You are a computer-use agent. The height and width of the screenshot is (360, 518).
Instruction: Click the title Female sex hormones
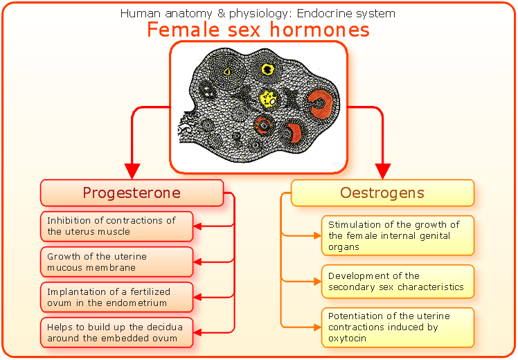(x=258, y=30)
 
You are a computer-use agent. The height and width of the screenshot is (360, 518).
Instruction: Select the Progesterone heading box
(x=132, y=192)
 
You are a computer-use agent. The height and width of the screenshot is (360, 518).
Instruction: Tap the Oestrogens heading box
(x=382, y=192)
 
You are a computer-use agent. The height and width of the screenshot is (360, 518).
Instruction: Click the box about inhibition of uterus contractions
(x=116, y=226)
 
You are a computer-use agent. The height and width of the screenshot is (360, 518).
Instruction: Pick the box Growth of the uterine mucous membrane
(x=116, y=262)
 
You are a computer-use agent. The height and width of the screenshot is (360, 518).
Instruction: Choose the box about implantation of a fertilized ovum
(x=116, y=297)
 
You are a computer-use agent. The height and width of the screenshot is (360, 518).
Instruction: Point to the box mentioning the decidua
(x=116, y=332)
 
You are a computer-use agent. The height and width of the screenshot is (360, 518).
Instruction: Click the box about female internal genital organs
(x=398, y=235)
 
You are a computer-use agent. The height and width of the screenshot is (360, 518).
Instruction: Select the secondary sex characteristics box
(x=398, y=281)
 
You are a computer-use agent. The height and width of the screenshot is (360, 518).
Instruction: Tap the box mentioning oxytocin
(x=398, y=327)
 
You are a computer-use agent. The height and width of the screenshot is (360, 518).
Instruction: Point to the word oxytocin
(x=347, y=339)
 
